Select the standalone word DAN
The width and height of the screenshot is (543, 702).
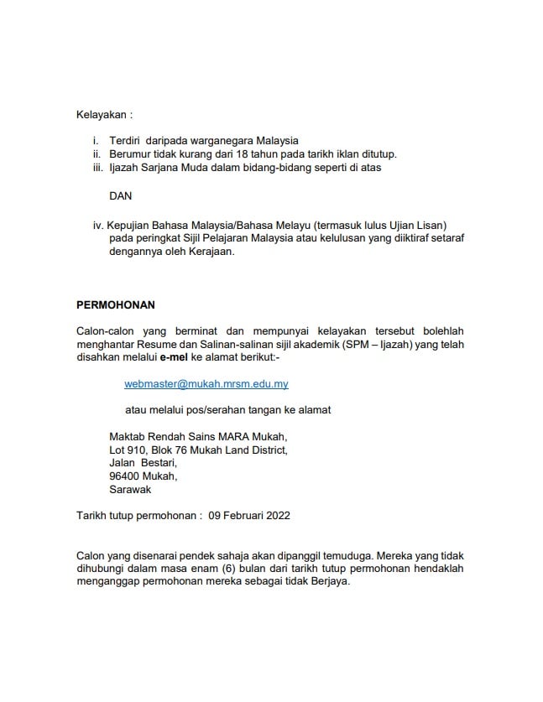121,195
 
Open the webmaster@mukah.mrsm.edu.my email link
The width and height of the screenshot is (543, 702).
206,383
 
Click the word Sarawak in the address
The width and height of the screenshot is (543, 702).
131,489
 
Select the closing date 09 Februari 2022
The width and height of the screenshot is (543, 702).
249,515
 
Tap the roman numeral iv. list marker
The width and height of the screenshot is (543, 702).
98,225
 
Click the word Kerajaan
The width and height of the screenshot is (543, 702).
207,252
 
